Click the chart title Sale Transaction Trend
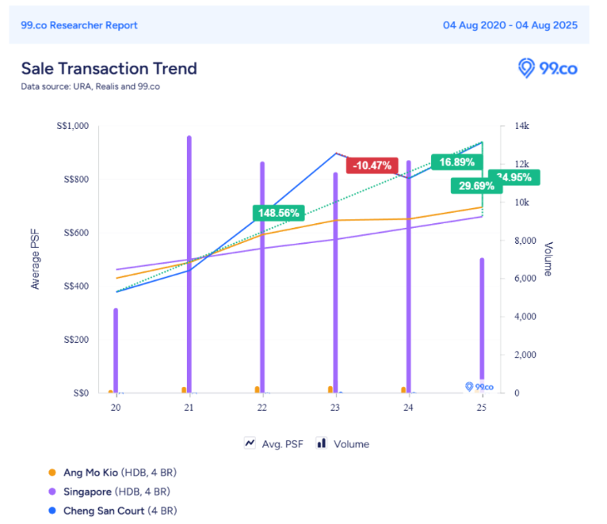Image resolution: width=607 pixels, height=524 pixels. click(109, 69)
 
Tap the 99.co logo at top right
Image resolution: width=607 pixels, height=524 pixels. click(548, 69)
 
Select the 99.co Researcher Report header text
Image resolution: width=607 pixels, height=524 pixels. click(79, 25)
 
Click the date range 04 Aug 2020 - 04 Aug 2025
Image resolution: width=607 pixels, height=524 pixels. click(510, 25)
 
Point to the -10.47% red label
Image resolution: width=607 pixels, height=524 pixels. click(372, 165)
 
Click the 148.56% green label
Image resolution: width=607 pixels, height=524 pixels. click(279, 213)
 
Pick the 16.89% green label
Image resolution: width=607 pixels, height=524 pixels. click(456, 163)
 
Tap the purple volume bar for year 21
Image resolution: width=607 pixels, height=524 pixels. click(189, 261)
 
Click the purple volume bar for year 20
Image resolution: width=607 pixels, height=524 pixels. click(116, 348)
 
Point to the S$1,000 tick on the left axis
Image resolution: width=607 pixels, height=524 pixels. click(72, 126)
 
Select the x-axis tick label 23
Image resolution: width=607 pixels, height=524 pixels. click(335, 408)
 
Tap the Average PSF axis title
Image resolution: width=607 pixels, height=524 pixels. click(35, 259)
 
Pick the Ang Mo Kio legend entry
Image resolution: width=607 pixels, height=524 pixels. click(113, 473)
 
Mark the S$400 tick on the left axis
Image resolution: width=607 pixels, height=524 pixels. click(76, 286)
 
